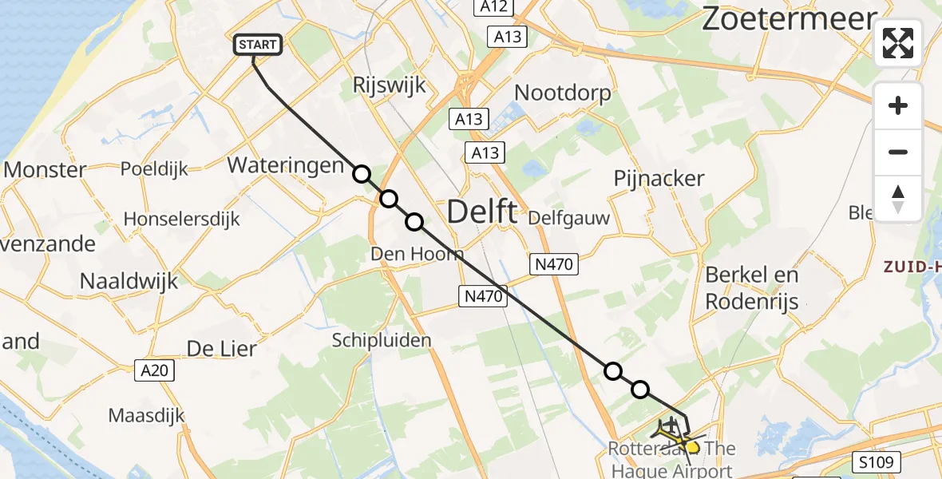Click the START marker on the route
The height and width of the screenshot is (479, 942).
[258, 45]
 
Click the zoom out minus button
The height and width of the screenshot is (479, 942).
[898, 152]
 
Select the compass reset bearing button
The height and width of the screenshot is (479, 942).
[898, 198]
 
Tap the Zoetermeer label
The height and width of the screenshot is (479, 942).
[789, 19]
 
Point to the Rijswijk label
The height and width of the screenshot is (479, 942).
[389, 85]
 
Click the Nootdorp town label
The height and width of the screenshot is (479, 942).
[563, 93]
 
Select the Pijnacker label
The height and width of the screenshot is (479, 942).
[659, 178]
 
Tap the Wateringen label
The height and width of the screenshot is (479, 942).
[286, 166]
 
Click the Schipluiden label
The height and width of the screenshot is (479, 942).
[382, 340]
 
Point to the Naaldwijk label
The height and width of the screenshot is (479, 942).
[129, 280]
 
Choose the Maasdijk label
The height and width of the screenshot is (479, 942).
[147, 415]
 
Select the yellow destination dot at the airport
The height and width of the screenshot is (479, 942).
[692, 448]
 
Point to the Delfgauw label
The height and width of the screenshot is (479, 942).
[569, 218]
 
